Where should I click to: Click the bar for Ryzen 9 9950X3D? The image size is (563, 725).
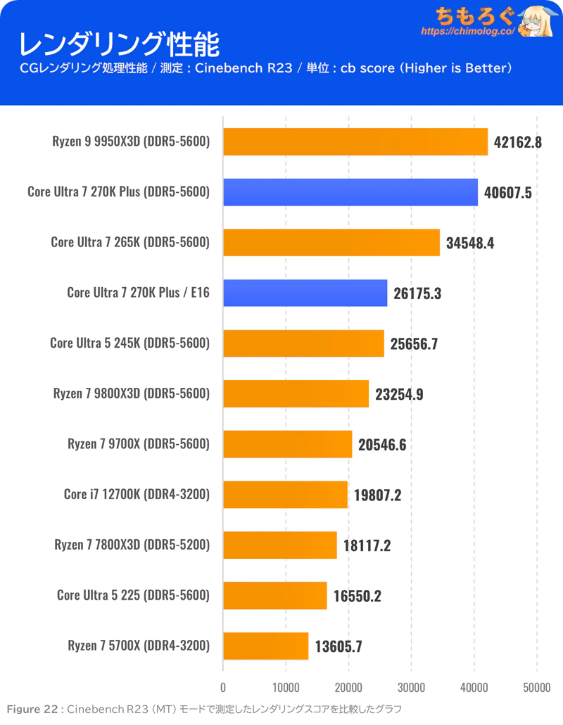[x=355, y=141]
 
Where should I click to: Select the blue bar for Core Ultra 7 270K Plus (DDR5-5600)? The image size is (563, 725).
[x=350, y=192]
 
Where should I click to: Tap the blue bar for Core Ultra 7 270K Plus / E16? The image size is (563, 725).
[x=305, y=293]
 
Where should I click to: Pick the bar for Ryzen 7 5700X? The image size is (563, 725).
[x=265, y=645]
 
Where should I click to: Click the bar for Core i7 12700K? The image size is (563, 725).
[x=285, y=494]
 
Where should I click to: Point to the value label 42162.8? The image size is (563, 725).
[x=518, y=142]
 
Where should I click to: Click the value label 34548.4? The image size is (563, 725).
[x=470, y=243]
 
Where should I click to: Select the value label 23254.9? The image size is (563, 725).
[x=399, y=394]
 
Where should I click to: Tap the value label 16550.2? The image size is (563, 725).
[x=358, y=595]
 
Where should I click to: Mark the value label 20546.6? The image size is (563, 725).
[x=382, y=444]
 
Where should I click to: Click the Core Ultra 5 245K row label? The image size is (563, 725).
[x=129, y=343]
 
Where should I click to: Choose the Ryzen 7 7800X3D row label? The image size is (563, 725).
[x=132, y=545]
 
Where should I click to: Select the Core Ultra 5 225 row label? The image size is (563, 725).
[x=133, y=595]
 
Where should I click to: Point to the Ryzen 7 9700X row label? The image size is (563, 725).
[x=139, y=444]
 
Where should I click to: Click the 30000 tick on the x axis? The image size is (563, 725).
[x=411, y=687]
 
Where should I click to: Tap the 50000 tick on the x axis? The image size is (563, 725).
[x=536, y=687]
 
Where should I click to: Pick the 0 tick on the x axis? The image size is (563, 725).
[x=223, y=687]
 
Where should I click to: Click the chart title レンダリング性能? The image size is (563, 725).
[x=118, y=44]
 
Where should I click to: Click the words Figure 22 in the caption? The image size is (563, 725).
[x=32, y=709]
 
